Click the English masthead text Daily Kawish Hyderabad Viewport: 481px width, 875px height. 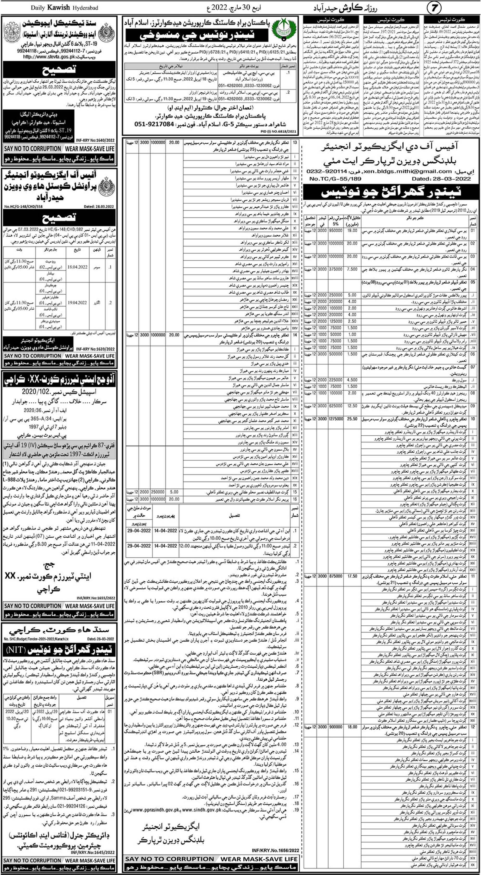(x=65, y=7)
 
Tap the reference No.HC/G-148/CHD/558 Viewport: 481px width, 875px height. (x=24, y=207)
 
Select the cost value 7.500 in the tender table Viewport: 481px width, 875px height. (x=352, y=269)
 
